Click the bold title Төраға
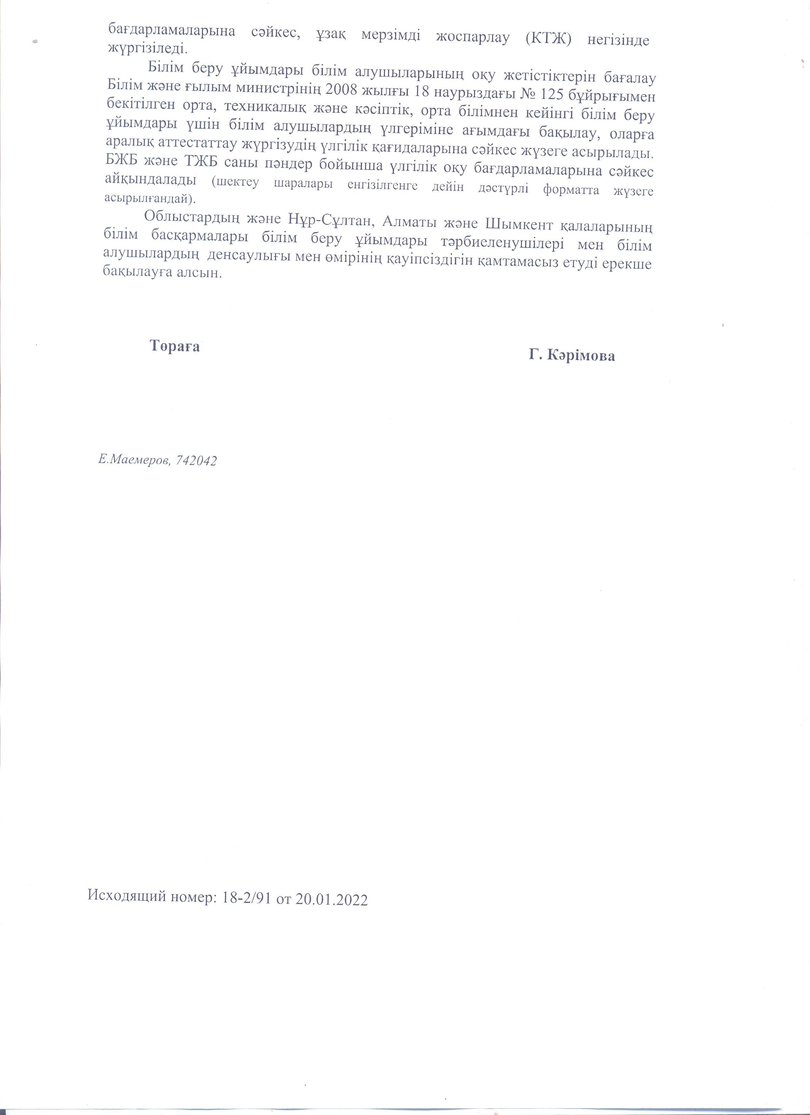pos(174,347)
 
